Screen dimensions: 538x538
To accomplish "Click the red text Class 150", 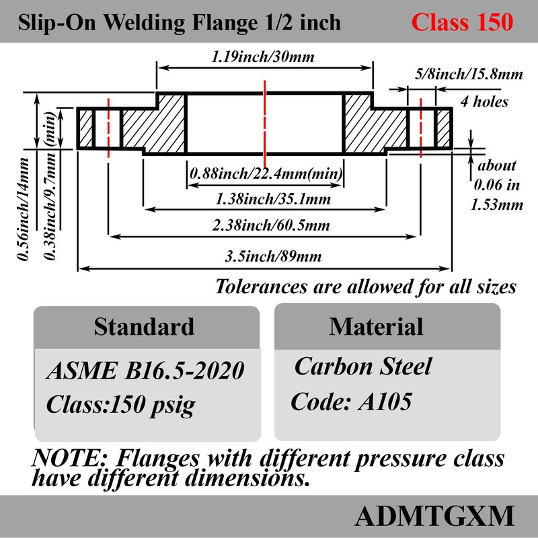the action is point(462,22).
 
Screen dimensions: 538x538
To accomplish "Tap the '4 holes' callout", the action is point(484,102).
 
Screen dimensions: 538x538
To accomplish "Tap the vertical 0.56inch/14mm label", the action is point(25,208).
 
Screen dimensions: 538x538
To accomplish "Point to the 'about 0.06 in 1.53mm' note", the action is point(496,185).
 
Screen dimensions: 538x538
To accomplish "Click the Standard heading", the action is point(144,327).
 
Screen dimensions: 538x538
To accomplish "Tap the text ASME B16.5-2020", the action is point(144,371).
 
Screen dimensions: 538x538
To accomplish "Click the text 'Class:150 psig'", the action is point(121,405).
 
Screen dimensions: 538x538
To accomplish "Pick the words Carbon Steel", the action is point(363,367).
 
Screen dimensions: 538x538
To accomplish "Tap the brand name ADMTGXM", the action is point(434,516).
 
